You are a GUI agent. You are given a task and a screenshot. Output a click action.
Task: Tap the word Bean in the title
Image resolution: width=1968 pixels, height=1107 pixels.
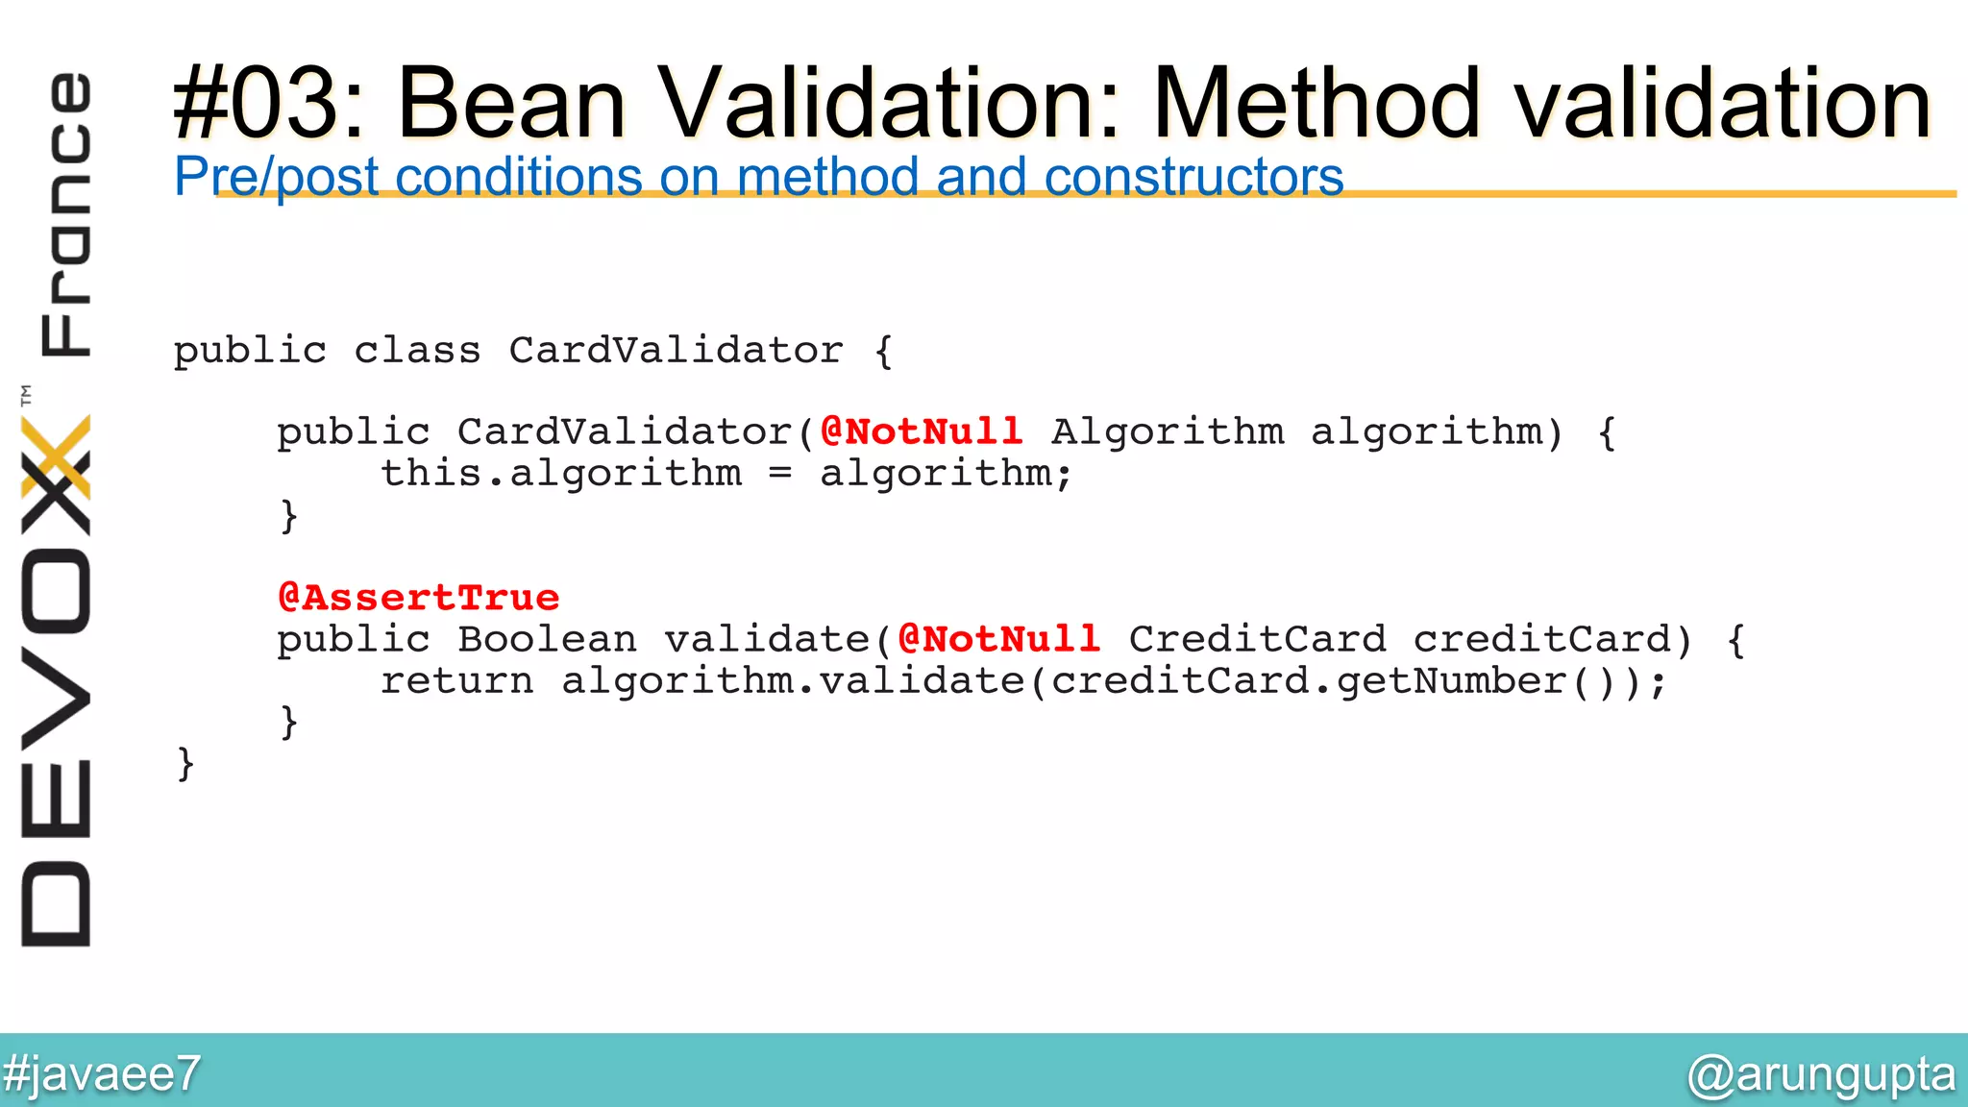511,104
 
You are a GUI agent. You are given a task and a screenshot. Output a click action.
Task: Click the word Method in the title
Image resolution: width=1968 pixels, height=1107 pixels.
1316,104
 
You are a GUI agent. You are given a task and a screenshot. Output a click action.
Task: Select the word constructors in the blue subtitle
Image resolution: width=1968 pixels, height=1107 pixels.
1193,178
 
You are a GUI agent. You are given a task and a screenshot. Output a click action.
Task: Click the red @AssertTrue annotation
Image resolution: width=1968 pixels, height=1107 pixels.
418,598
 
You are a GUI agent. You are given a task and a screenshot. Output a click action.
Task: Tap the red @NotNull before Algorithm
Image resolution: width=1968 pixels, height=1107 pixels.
922,431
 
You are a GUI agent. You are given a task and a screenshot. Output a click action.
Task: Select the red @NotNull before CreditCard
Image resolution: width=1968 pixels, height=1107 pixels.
999,639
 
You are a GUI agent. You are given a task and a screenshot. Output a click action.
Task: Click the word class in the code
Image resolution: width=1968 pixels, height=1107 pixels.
417,351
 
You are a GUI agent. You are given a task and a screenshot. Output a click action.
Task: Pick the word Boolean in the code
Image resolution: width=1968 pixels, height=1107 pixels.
547,639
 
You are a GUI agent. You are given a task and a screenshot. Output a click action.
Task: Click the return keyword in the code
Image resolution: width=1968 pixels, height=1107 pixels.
456,681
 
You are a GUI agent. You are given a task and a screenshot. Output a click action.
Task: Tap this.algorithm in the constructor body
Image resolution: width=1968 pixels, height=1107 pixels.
561,474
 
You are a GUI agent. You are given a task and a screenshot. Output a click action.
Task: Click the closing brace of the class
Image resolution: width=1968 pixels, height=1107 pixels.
185,764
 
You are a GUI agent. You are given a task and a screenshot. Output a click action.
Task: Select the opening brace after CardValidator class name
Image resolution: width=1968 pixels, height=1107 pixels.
883,351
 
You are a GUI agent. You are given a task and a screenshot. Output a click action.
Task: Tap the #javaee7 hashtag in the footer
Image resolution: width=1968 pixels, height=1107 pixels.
101,1073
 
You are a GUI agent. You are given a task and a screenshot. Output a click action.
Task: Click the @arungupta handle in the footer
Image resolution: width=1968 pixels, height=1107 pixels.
1821,1073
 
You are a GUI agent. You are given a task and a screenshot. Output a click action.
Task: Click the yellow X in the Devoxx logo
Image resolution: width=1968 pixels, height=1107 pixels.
56,456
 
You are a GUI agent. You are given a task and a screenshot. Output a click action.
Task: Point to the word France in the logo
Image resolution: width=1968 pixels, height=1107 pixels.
65,213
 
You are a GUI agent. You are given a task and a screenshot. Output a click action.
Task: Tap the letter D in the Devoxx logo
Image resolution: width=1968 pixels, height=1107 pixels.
56,904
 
